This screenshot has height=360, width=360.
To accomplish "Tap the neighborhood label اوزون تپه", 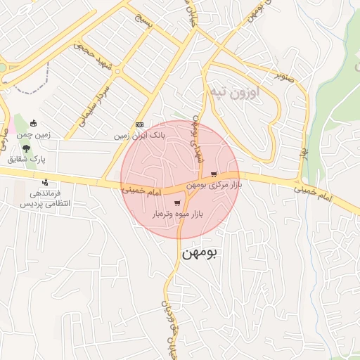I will click(x=233, y=91).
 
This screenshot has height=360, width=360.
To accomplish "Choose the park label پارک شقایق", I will click(x=26, y=160).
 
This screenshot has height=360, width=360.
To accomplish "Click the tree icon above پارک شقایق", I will click(x=26, y=148).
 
